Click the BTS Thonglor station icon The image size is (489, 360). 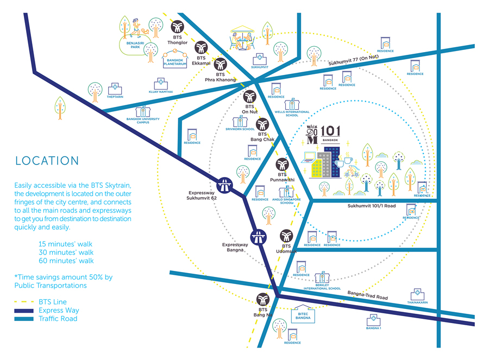pyautogui.click(x=178, y=27)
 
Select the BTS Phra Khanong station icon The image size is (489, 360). pyautogui.click(x=221, y=64)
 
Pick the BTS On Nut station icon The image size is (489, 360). pyautogui.click(x=250, y=97)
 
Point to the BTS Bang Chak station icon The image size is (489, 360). pyautogui.click(x=262, y=124)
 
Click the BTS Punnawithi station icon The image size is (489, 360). pyautogui.click(x=282, y=165)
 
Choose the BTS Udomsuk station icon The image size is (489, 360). pyautogui.click(x=287, y=236)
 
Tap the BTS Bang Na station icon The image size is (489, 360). pyautogui.click(x=262, y=299)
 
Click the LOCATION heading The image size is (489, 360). pyautogui.click(x=47, y=161)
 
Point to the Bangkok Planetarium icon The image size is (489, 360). pyautogui.click(x=177, y=54)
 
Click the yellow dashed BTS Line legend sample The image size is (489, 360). pyautogui.click(x=24, y=302)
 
